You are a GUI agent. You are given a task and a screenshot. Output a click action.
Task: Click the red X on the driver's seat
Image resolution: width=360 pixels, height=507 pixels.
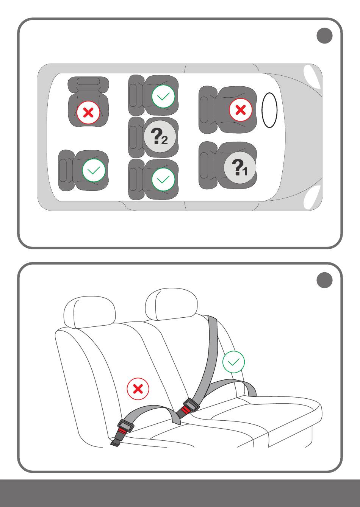click(240, 110)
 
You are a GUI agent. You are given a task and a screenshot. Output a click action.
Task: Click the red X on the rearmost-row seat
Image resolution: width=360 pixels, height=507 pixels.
click(88, 112)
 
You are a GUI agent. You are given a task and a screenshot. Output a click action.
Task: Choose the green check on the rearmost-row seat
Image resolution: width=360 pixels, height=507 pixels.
click(94, 170)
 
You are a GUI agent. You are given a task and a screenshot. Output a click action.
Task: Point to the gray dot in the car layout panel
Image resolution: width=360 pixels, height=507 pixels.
click(324, 36)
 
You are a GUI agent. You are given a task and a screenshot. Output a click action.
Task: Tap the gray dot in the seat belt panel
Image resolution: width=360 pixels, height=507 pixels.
click(324, 280)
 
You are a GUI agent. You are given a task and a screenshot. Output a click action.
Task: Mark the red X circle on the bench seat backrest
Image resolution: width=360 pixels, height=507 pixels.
click(138, 389)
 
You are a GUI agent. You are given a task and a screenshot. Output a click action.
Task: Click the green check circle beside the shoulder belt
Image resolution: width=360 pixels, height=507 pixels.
click(233, 362)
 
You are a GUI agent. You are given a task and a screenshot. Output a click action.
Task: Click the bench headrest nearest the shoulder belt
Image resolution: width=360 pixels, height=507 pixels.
click(171, 304)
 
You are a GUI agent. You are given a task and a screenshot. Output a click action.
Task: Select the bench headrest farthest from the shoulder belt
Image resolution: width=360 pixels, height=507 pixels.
click(90, 312)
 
